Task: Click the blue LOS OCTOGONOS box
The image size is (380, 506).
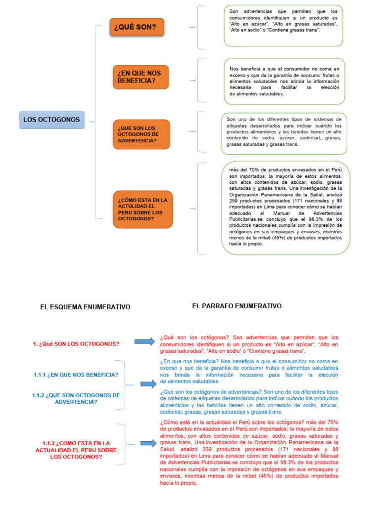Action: click(x=51, y=119)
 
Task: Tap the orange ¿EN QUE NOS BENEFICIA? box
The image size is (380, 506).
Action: click(x=140, y=77)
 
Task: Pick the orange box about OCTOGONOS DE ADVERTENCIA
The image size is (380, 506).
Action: click(x=142, y=134)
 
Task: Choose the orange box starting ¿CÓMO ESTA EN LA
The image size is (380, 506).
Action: click(x=142, y=209)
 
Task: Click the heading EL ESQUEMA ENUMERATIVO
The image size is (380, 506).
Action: click(x=85, y=307)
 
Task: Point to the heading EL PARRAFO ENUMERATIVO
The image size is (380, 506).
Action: click(x=237, y=306)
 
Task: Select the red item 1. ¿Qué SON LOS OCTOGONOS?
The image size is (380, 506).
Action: click(x=76, y=343)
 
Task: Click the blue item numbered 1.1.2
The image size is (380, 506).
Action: click(x=76, y=398)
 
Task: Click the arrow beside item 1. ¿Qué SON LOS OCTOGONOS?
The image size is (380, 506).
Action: click(x=144, y=342)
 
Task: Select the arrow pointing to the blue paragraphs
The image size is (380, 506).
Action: click(x=147, y=384)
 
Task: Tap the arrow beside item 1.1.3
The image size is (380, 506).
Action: click(x=147, y=444)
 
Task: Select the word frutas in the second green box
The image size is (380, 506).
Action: click(x=324, y=75)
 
